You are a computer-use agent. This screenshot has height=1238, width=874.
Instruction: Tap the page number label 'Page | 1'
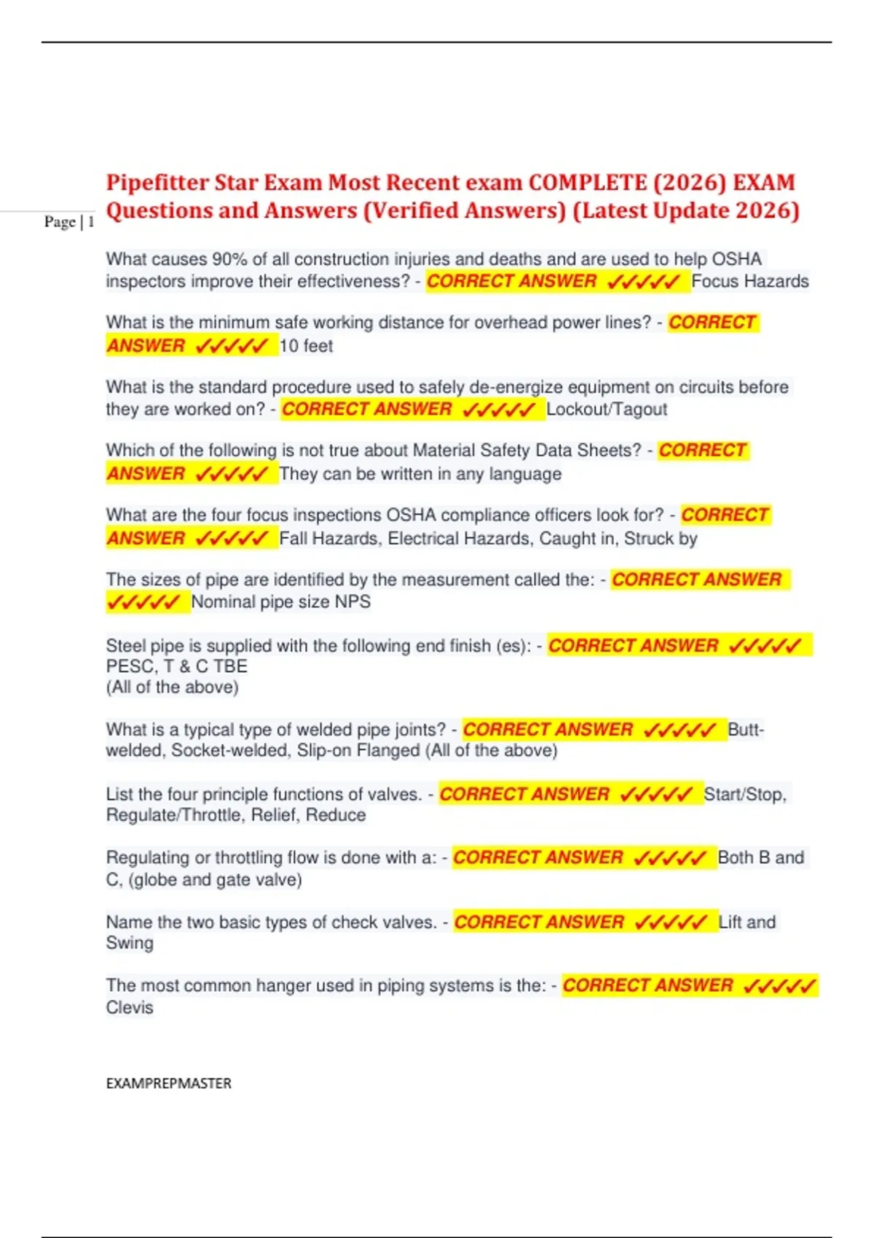click(69, 222)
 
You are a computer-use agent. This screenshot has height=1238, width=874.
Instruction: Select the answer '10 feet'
click(306, 346)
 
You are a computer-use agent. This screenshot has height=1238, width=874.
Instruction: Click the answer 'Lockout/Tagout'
click(607, 409)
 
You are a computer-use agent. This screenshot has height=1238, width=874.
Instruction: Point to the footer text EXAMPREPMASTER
click(168, 1083)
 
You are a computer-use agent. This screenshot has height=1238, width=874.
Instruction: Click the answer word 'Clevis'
click(130, 1008)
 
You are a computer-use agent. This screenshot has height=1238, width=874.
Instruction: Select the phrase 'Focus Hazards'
click(750, 281)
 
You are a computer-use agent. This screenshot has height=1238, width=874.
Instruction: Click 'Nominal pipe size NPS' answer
click(281, 602)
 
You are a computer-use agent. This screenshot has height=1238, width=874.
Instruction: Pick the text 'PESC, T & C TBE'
click(177, 666)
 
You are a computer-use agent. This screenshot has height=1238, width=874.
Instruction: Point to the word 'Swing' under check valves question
click(130, 943)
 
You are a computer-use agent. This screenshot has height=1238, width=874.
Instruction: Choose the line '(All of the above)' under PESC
click(172, 687)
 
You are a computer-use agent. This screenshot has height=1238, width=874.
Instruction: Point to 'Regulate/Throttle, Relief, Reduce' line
click(236, 815)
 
